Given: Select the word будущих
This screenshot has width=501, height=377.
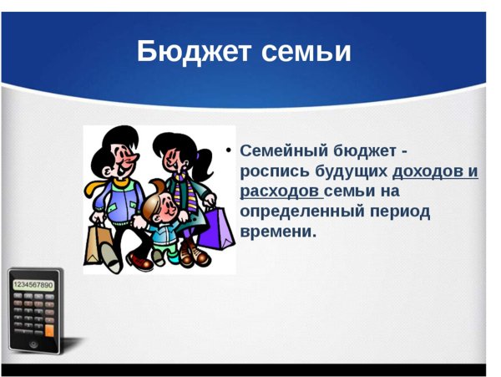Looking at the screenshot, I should click(x=352, y=171).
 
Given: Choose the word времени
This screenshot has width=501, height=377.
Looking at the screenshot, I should click(x=277, y=232).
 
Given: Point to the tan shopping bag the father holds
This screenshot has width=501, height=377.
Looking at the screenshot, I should click(x=96, y=243).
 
